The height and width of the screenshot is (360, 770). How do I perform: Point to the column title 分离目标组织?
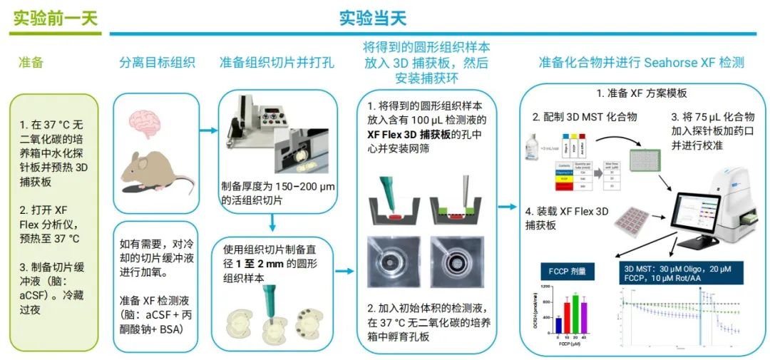tap(157, 63)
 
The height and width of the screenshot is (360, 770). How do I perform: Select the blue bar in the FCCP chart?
tap(558, 324)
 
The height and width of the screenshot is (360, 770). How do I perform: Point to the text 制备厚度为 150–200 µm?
tap(277, 187)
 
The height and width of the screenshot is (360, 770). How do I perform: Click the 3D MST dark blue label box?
tap(676, 273)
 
